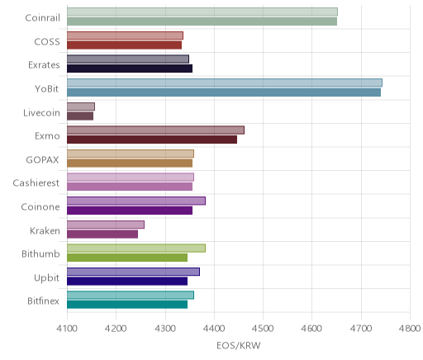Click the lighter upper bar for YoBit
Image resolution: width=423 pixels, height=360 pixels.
pos(225,83)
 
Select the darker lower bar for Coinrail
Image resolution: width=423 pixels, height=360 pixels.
pos(202,21)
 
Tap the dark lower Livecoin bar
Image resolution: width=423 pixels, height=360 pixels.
pos(80,116)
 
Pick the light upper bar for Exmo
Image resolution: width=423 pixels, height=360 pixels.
pos(155,130)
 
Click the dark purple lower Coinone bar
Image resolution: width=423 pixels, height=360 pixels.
pos(130,211)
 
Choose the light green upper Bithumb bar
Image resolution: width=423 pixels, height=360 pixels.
pos(136,249)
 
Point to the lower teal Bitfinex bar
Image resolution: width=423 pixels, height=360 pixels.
pos(127,305)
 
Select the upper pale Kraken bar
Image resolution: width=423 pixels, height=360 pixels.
pos(106,225)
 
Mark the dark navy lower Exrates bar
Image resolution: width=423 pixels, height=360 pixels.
pos(130,69)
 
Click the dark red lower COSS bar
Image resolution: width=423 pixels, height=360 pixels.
pos(124,45)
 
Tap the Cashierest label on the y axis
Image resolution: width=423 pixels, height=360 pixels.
pos(36,183)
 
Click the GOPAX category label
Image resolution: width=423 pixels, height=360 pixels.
pos(42,160)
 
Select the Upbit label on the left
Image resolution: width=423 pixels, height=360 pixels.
pos(46,278)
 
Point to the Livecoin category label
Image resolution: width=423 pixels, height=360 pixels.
pos(41,113)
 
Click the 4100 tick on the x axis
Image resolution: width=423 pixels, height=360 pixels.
pos(67,329)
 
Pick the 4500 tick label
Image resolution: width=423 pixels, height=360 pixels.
pos(263,329)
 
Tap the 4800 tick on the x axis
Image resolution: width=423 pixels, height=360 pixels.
pos(410,329)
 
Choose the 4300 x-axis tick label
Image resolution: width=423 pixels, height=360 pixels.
pos(165,329)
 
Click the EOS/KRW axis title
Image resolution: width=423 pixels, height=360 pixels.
pos(239,346)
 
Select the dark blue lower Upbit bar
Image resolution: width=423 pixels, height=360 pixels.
pos(127,282)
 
